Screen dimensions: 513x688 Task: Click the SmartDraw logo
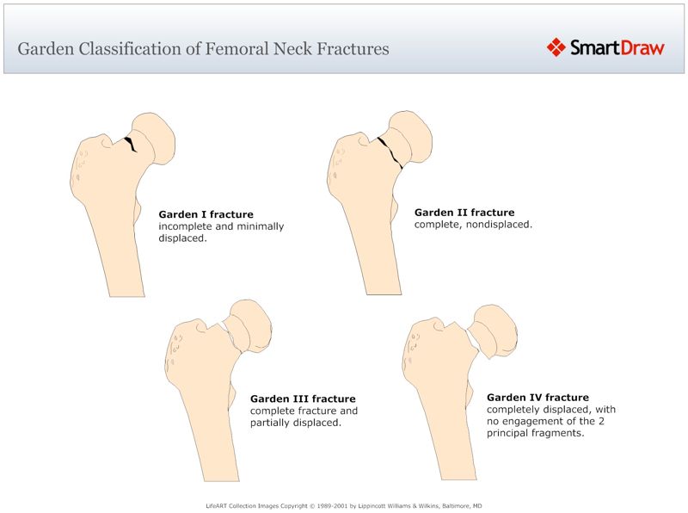(605, 47)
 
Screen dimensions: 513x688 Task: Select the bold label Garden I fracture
(206, 214)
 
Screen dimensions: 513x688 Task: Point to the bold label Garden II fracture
(464, 212)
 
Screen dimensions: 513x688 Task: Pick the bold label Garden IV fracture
(537, 398)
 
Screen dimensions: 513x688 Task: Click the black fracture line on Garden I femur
(131, 144)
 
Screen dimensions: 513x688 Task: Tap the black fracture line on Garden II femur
(390, 150)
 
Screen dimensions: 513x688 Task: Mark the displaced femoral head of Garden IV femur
(496, 331)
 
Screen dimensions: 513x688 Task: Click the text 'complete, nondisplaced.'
(473, 225)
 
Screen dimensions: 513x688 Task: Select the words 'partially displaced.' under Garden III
(296, 423)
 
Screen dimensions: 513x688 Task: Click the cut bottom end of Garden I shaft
(126, 296)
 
